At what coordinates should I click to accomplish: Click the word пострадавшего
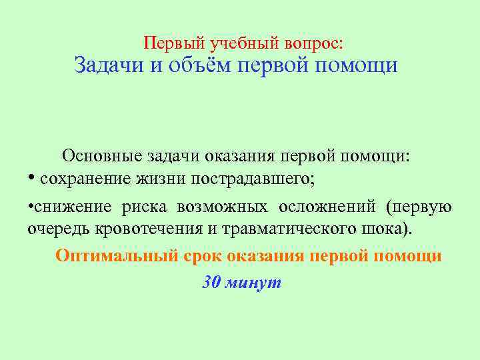(x=251, y=179)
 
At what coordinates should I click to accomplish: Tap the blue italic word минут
(x=253, y=283)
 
